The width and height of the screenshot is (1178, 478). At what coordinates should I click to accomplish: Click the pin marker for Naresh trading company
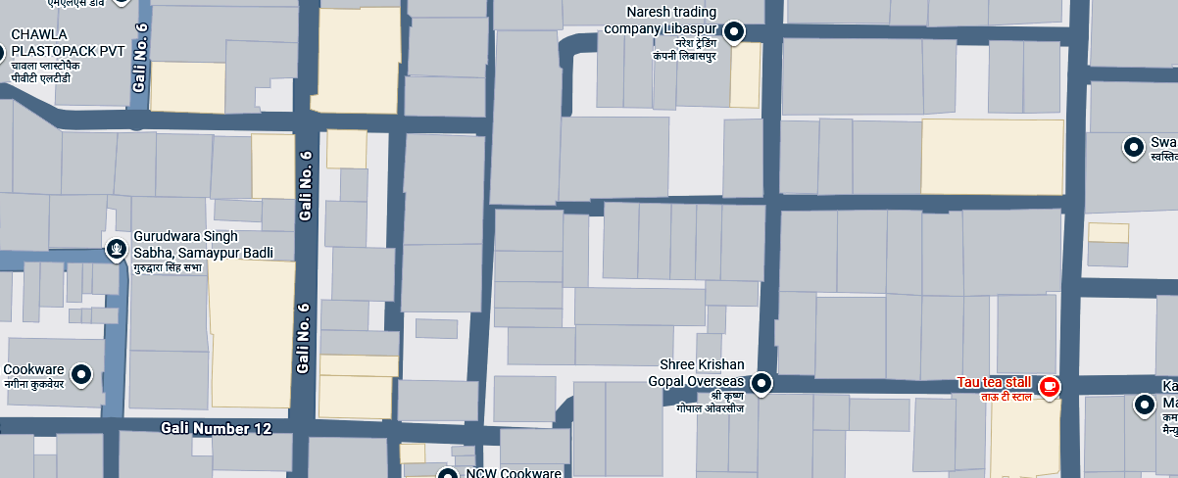(734, 32)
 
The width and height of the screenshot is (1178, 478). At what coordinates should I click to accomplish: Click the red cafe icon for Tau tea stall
(1049, 387)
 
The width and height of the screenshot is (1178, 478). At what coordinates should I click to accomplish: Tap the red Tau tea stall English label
(994, 382)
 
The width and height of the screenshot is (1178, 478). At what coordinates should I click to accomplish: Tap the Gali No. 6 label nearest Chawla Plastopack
(140, 59)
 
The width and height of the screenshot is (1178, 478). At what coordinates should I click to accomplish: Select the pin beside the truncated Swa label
(1133, 148)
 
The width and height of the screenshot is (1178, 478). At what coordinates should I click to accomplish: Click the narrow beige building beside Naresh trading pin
(745, 76)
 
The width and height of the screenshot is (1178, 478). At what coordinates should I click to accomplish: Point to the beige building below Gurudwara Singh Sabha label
(252, 333)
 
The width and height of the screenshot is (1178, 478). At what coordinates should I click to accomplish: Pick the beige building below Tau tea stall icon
(1024, 436)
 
